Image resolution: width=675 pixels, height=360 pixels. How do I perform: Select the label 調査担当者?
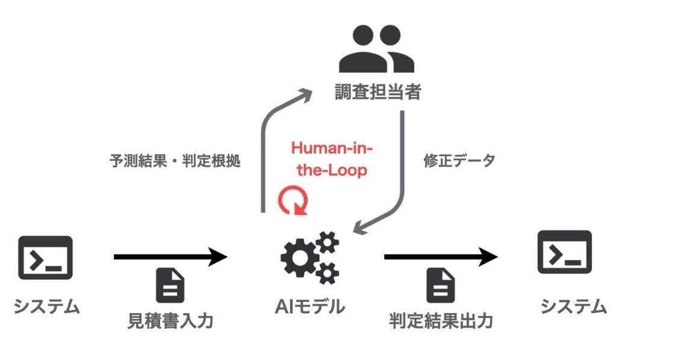pyautogui.click(x=377, y=93)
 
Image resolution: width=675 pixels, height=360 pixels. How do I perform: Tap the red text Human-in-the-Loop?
pyautogui.click(x=329, y=159)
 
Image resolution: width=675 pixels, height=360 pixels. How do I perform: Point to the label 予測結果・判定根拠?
pyautogui.click(x=174, y=162)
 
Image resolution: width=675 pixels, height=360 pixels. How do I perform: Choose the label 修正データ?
pyautogui.click(x=459, y=161)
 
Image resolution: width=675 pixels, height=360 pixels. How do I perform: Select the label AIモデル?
pyautogui.click(x=310, y=306)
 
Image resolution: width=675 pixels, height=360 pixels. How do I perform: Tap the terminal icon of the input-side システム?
pyautogui.click(x=46, y=258)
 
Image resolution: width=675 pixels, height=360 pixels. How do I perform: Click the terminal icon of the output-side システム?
pyautogui.click(x=564, y=252)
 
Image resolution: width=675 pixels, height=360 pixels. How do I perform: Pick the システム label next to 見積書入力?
pyautogui.click(x=46, y=307)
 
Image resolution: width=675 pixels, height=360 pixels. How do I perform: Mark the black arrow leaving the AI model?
pyautogui.click(x=441, y=258)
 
